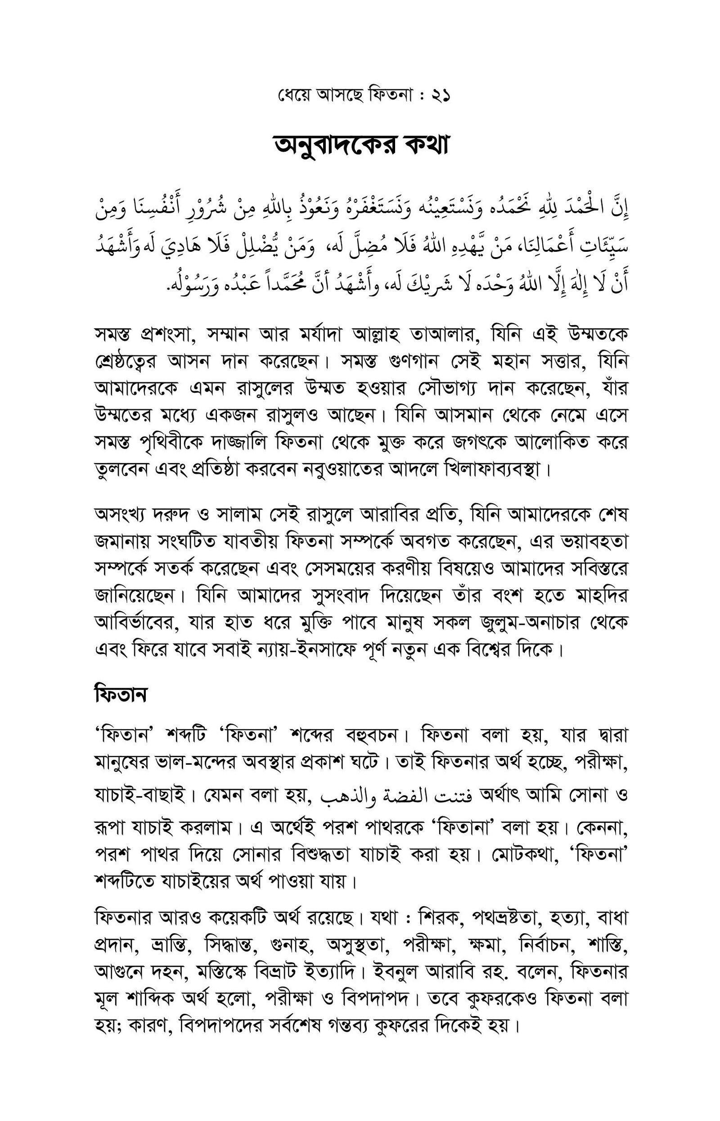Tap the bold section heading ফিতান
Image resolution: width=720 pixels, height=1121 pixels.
coord(121,694)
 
